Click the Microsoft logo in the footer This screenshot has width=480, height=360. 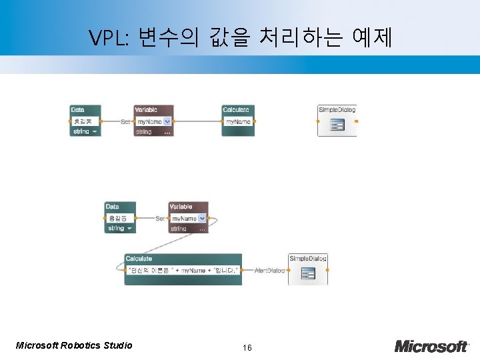click(x=431, y=346)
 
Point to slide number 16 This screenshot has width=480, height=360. click(x=247, y=348)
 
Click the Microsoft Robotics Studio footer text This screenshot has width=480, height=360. click(x=74, y=345)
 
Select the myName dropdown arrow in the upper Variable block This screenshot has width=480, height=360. click(x=167, y=121)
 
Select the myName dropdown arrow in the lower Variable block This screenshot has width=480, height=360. click(x=202, y=218)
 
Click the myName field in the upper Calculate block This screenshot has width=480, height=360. click(x=238, y=121)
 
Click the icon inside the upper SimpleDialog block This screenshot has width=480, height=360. click(x=337, y=125)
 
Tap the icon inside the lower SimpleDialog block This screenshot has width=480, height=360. click(x=308, y=273)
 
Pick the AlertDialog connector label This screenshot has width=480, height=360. click(x=269, y=270)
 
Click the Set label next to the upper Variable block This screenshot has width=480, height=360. click(x=125, y=121)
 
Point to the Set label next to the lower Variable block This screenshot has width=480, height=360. click(x=160, y=218)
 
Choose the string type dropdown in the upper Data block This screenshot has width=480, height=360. click(x=85, y=131)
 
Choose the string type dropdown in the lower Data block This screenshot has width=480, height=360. click(x=120, y=228)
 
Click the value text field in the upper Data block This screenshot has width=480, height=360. click(x=85, y=121)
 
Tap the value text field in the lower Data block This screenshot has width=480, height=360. click(x=120, y=218)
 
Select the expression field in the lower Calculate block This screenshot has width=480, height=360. click(x=183, y=270)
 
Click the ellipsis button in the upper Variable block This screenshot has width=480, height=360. click(x=167, y=132)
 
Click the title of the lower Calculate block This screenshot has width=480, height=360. click(x=139, y=259)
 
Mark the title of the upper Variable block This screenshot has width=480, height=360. click(x=146, y=110)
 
